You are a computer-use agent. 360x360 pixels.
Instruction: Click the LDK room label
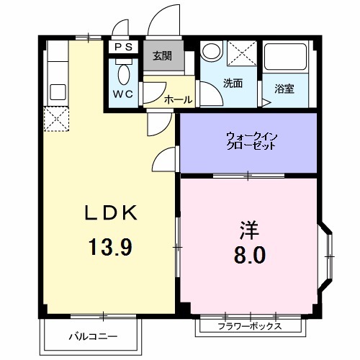(110, 213)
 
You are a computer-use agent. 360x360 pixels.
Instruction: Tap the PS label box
(122, 48)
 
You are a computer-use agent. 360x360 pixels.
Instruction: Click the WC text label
(122, 94)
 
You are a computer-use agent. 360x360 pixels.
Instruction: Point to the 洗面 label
(232, 83)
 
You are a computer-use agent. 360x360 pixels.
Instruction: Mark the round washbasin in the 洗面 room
(211, 52)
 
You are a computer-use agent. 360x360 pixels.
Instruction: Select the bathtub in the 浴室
(287, 61)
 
